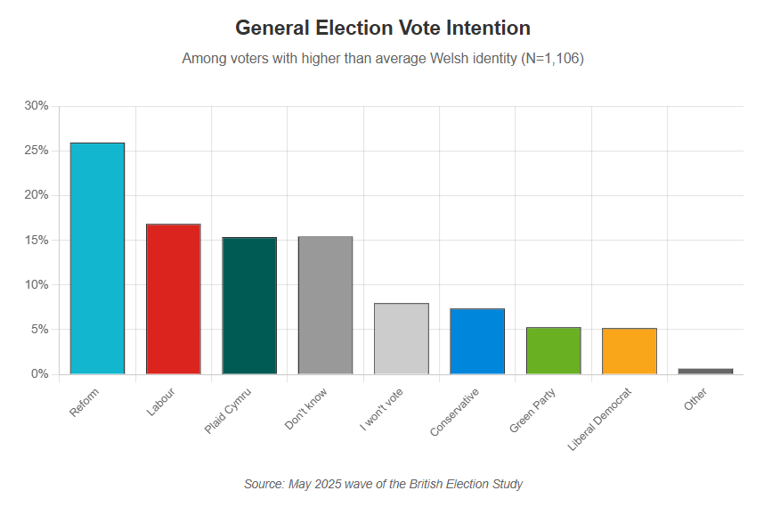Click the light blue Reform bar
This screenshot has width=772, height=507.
click(x=97, y=258)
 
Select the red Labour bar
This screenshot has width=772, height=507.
click(x=174, y=299)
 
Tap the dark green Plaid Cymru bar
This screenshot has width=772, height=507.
click(x=249, y=306)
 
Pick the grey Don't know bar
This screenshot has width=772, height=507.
click(x=325, y=306)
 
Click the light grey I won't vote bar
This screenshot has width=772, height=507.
click(x=402, y=339)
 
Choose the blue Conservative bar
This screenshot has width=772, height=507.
click(x=477, y=341)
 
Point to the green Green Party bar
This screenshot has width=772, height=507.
click(x=553, y=350)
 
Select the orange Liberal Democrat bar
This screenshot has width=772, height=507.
click(x=630, y=351)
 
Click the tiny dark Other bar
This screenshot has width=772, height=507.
click(x=705, y=371)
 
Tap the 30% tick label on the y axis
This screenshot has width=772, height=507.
click(x=37, y=106)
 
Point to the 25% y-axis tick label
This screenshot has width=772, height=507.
click(x=37, y=151)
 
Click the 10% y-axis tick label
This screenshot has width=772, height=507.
click(x=37, y=285)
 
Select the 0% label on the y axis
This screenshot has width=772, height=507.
click(x=40, y=374)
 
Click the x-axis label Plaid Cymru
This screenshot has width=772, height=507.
click(x=229, y=411)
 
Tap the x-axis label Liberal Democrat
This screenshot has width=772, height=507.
click(x=600, y=419)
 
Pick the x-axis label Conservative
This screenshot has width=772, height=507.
click(x=455, y=412)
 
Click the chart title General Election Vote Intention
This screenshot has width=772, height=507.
click(x=383, y=28)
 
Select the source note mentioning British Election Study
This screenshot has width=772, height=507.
click(x=383, y=484)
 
